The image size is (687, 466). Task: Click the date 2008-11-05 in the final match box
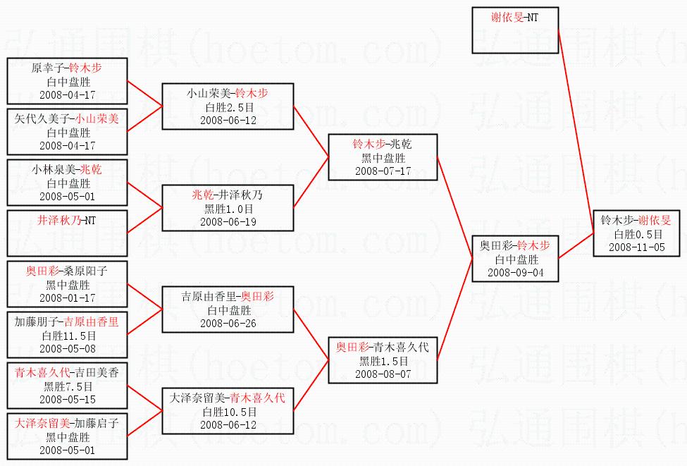click(x=636, y=247)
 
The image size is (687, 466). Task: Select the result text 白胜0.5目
click(x=636, y=234)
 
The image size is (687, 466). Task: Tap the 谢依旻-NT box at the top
click(x=515, y=30)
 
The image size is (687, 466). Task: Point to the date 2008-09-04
click(x=515, y=272)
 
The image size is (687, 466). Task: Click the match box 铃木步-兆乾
click(x=383, y=157)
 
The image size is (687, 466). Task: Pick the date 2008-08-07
click(x=383, y=374)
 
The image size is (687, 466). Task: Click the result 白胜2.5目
click(x=228, y=107)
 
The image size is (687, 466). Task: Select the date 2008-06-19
click(x=228, y=221)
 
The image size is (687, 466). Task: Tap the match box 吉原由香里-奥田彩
click(x=228, y=309)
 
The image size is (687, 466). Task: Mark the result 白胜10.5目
click(x=228, y=412)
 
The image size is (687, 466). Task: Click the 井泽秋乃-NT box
click(x=68, y=232)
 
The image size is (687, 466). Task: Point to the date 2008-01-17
click(x=68, y=298)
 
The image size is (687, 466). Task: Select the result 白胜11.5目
click(x=68, y=336)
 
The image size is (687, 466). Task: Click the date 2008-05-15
click(x=68, y=399)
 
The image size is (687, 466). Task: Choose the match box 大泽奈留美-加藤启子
click(x=68, y=436)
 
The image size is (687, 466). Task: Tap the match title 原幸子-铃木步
click(x=68, y=68)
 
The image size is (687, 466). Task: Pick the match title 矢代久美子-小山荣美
click(x=68, y=119)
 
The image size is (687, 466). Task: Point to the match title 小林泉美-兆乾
click(x=68, y=170)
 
